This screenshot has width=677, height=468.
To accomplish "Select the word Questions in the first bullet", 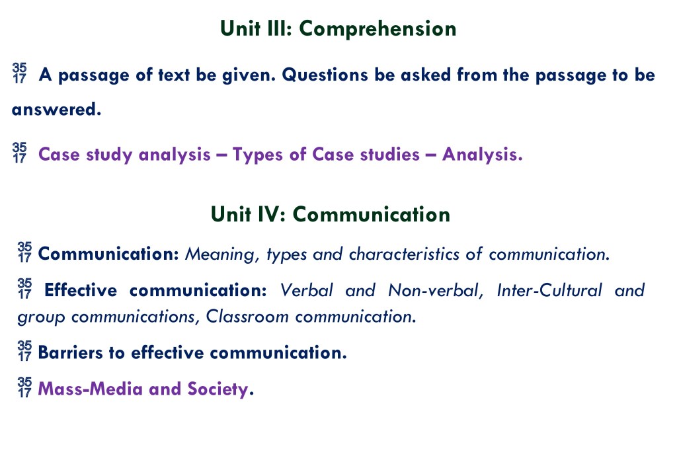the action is click(x=325, y=75).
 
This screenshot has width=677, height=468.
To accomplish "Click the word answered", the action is click(x=56, y=109).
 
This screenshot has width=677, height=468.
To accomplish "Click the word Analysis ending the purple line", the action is click(x=482, y=155).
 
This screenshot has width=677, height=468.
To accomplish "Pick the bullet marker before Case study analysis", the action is click(x=19, y=153).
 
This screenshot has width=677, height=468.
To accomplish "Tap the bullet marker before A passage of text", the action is click(x=19, y=73).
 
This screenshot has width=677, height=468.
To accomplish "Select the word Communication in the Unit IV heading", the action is click(x=372, y=215).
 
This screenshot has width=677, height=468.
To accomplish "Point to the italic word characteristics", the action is click(x=404, y=254).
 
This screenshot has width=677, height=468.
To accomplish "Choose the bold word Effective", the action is click(x=81, y=290).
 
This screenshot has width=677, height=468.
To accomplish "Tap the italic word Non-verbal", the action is click(x=434, y=291).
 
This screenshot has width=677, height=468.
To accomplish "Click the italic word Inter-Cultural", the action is click(x=549, y=290).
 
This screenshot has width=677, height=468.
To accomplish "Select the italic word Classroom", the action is click(x=247, y=317).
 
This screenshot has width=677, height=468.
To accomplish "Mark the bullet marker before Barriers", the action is click(x=24, y=350).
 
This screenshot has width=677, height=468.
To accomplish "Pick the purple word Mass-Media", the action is click(x=90, y=389).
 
